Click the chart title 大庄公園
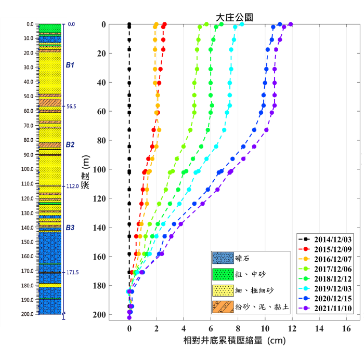pyautogui.click(x=235, y=17)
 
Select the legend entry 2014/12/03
pyautogui.click(x=331, y=239)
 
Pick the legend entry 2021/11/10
pyautogui.click(x=331, y=308)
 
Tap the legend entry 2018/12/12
pyautogui.click(x=331, y=279)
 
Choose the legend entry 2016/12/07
pyautogui.click(x=331, y=259)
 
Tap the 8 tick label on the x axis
pyautogui.click(x=238, y=329)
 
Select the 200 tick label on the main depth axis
pyautogui.click(x=100, y=315)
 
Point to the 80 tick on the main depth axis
pyautogui.click(x=101, y=140)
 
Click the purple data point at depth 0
pyautogui.click(x=291, y=24)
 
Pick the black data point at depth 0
pyautogui.click(x=129, y=24)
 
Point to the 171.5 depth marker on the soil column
pyautogui.click(x=72, y=273)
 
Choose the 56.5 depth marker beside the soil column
pyautogui.click(x=72, y=106)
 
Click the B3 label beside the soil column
pyautogui.click(x=70, y=228)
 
